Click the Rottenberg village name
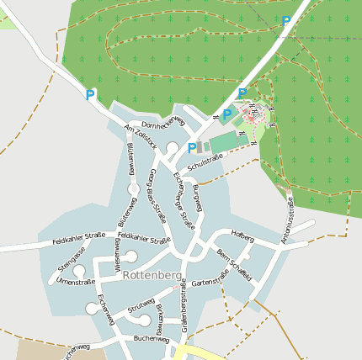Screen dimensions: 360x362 tap(152, 274)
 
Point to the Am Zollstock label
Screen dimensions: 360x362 tap(140, 136)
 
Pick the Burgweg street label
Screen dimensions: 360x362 tap(199, 196)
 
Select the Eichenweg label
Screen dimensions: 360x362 tap(105, 310)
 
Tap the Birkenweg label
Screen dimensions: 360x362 tap(160, 320)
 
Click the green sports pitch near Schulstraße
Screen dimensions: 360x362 tap(224, 141)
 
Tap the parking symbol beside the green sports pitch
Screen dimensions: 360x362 tap(192, 148)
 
